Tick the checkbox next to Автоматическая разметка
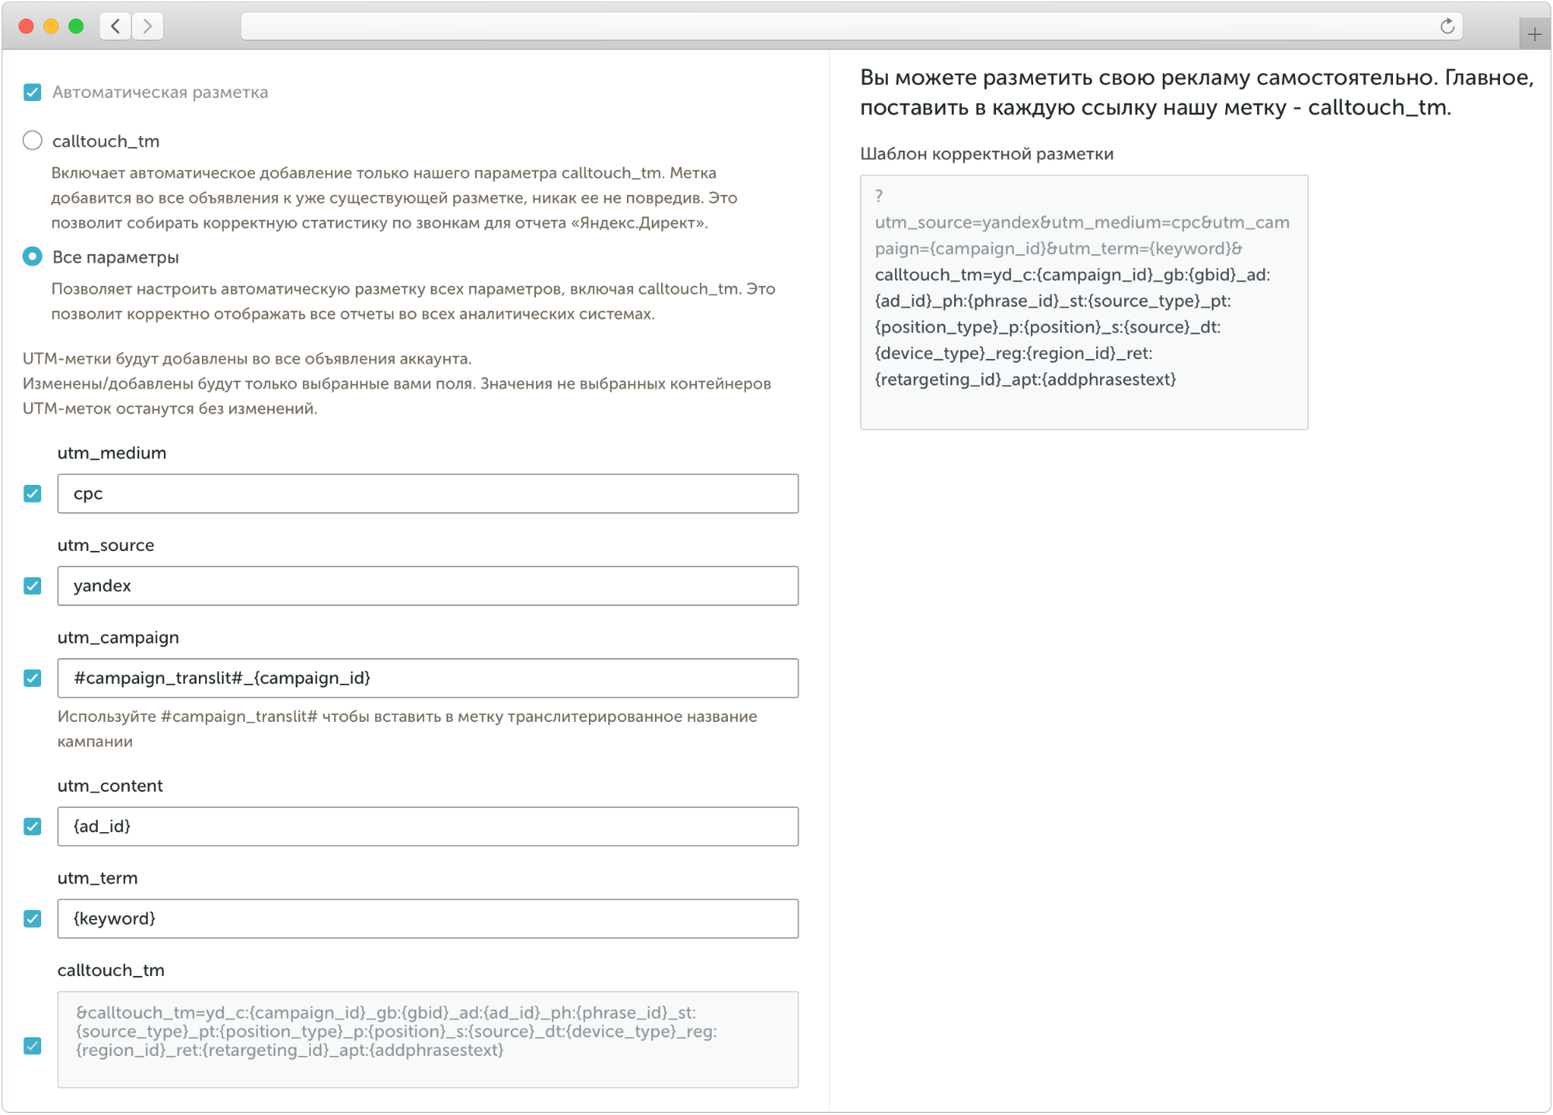coord(33,92)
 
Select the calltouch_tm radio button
coord(33,141)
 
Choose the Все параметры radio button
coord(33,256)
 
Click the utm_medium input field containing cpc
coord(427,493)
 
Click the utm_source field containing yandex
coord(427,586)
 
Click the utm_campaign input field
coord(427,678)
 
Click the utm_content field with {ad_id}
coord(427,826)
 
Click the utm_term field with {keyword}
coord(427,918)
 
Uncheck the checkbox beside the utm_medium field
coord(33,493)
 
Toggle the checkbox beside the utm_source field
coord(33,586)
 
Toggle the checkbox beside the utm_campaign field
coord(33,678)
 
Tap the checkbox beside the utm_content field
coord(33,826)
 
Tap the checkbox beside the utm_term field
coord(33,918)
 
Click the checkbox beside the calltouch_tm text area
coord(33,1046)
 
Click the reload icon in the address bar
coord(1447,26)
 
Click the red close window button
coord(26,26)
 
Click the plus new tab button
coord(1534,34)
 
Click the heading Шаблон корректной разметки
coord(987,154)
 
